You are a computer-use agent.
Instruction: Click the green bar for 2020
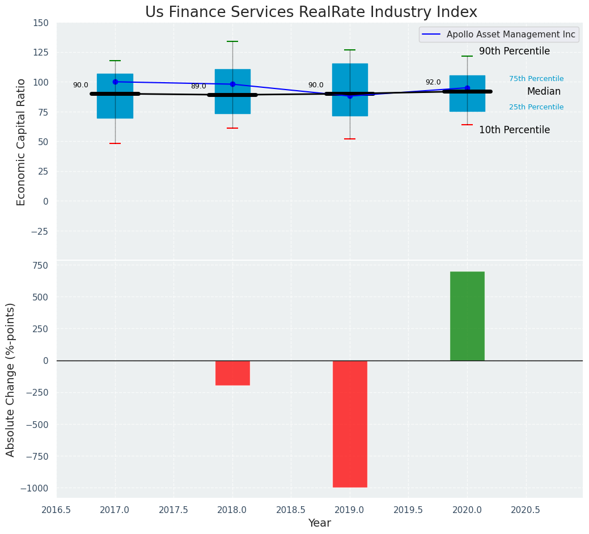[x=467, y=316]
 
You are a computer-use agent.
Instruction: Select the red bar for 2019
[x=350, y=423]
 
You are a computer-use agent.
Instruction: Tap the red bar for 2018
[x=232, y=372]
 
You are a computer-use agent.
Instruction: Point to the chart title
[x=311, y=12]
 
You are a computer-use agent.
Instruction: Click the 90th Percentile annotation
[x=514, y=52]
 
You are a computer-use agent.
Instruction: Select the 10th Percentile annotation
[x=514, y=130]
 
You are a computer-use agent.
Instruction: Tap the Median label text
[x=544, y=92]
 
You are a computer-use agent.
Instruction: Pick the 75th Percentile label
[x=536, y=79]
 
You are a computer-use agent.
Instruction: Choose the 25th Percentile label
[x=536, y=107]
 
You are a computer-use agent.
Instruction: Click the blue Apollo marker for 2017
[x=115, y=82]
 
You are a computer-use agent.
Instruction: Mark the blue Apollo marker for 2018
[x=232, y=84]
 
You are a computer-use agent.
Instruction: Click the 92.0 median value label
[x=433, y=82]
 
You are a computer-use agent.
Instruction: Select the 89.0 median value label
[x=198, y=86]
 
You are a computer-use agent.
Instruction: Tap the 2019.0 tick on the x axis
[x=350, y=510]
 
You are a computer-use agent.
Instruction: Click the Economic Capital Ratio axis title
[x=22, y=142]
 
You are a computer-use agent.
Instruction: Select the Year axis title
[x=320, y=523]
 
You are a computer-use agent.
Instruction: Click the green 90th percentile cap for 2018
[x=232, y=41]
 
